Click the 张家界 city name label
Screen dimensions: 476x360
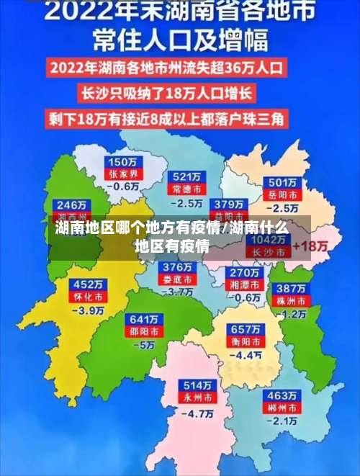(x=122, y=174)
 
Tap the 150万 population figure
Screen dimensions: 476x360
(x=122, y=161)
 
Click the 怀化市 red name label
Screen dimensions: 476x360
(x=89, y=296)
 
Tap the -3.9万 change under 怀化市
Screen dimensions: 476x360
(x=89, y=310)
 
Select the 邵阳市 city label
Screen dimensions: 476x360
(x=142, y=332)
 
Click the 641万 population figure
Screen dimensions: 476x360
(x=142, y=319)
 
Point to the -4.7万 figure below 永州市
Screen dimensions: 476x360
(x=197, y=413)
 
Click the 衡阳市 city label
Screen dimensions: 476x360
(x=245, y=341)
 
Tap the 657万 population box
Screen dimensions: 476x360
(x=245, y=329)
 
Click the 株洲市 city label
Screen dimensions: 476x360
(x=294, y=300)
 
